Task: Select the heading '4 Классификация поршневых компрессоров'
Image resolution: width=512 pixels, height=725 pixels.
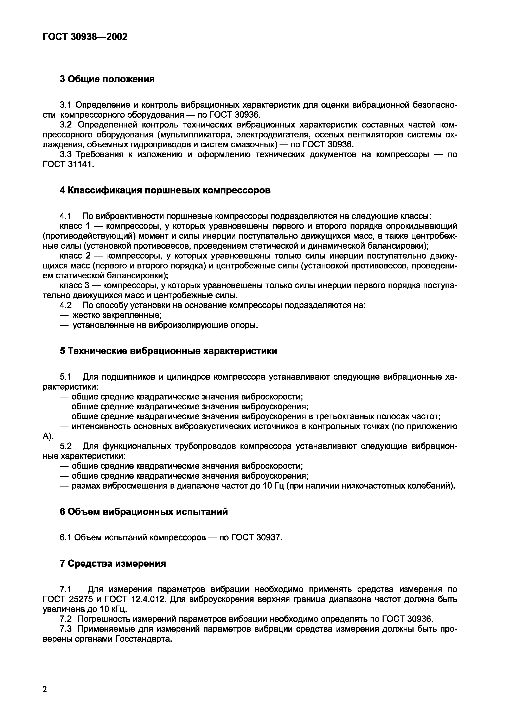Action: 165,190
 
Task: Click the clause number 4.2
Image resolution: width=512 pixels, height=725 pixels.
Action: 66,305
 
